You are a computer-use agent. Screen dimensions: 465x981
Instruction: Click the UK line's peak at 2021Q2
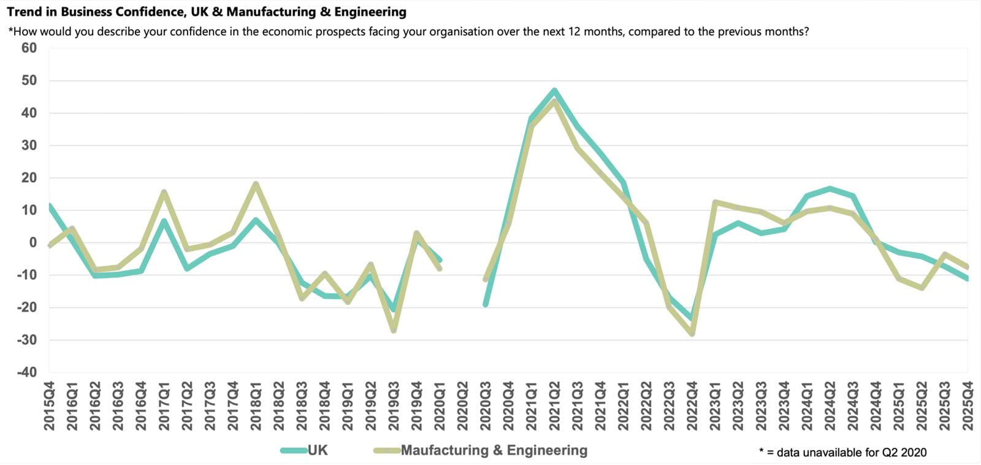pos(554,91)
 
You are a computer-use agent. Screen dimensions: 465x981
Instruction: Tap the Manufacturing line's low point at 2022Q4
pos(692,334)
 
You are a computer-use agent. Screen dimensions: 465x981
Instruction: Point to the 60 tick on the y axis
pos(29,48)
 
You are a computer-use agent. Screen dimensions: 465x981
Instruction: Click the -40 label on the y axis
pos(26,372)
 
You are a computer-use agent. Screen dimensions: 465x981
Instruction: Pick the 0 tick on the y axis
pos(32,242)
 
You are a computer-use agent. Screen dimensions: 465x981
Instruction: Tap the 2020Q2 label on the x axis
pos(463,406)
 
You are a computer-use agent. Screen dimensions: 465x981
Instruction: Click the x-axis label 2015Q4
pos(49,406)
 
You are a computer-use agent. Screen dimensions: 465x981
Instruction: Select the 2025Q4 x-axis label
pos(968,406)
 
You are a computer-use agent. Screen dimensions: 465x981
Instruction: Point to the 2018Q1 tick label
pos(256,406)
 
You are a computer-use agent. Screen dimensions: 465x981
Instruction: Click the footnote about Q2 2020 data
pos(842,453)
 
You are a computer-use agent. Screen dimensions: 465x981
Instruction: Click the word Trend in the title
pos(24,12)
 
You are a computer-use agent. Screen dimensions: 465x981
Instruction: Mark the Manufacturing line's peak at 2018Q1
pos(256,183)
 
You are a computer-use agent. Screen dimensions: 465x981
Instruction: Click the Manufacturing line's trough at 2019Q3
pos(394,331)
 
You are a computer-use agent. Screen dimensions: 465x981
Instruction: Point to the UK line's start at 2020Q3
pos(486,304)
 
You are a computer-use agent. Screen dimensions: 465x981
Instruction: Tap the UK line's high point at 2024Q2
pos(830,188)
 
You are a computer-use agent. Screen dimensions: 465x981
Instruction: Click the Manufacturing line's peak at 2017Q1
pos(164,191)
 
